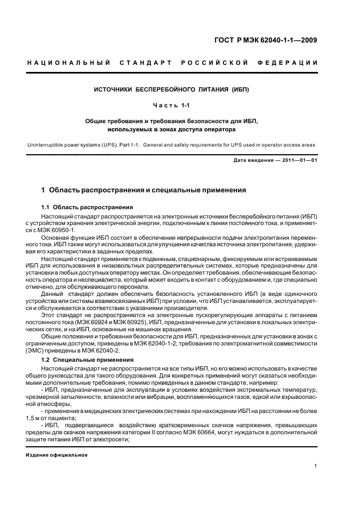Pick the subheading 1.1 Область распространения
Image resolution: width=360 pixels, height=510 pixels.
(87, 208)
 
